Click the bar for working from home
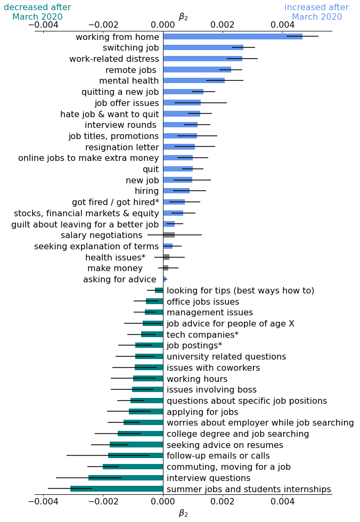[232, 37]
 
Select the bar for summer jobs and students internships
[117, 489]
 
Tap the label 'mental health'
[129, 81]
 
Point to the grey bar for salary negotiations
[169, 235]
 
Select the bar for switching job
[203, 47]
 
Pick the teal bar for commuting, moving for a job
[133, 467]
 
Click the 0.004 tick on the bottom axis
[282, 501]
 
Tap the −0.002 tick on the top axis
[103, 25]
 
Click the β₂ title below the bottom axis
[183, 513]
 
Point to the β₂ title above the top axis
[183, 16]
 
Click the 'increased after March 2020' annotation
[316, 12]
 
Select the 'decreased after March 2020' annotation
[37, 12]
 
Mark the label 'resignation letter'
[122, 148]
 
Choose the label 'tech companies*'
[202, 335]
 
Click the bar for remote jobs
[197, 70]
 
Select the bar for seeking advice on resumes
[136, 445]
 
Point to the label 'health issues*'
[115, 258]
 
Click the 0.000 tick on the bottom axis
[163, 501]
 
